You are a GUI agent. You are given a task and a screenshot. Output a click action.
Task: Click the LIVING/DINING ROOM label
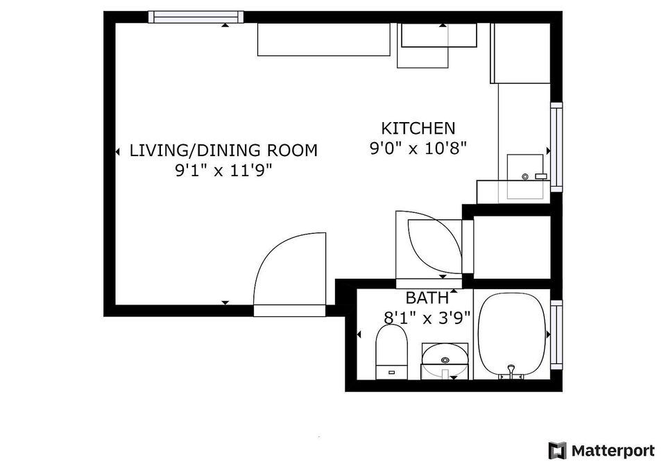(223, 150)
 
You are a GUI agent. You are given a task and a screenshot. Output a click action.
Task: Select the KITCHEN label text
(418, 128)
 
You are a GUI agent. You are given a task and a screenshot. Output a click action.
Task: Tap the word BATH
(427, 298)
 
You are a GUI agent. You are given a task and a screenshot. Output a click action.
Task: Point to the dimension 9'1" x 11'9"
(223, 171)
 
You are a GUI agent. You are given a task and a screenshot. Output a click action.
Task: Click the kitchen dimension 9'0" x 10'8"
(418, 148)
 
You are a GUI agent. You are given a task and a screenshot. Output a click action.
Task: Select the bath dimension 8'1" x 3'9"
(427, 318)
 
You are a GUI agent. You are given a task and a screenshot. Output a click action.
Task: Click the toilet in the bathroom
(391, 352)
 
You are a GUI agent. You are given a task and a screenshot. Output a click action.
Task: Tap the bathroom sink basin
(445, 361)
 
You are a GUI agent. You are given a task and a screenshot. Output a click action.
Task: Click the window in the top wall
(196, 17)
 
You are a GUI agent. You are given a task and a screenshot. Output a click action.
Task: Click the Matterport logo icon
(557, 450)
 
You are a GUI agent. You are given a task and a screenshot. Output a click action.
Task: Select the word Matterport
(613, 451)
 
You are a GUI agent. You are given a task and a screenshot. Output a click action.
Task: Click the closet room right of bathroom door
(512, 247)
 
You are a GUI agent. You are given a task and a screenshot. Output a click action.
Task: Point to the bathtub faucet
(511, 369)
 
